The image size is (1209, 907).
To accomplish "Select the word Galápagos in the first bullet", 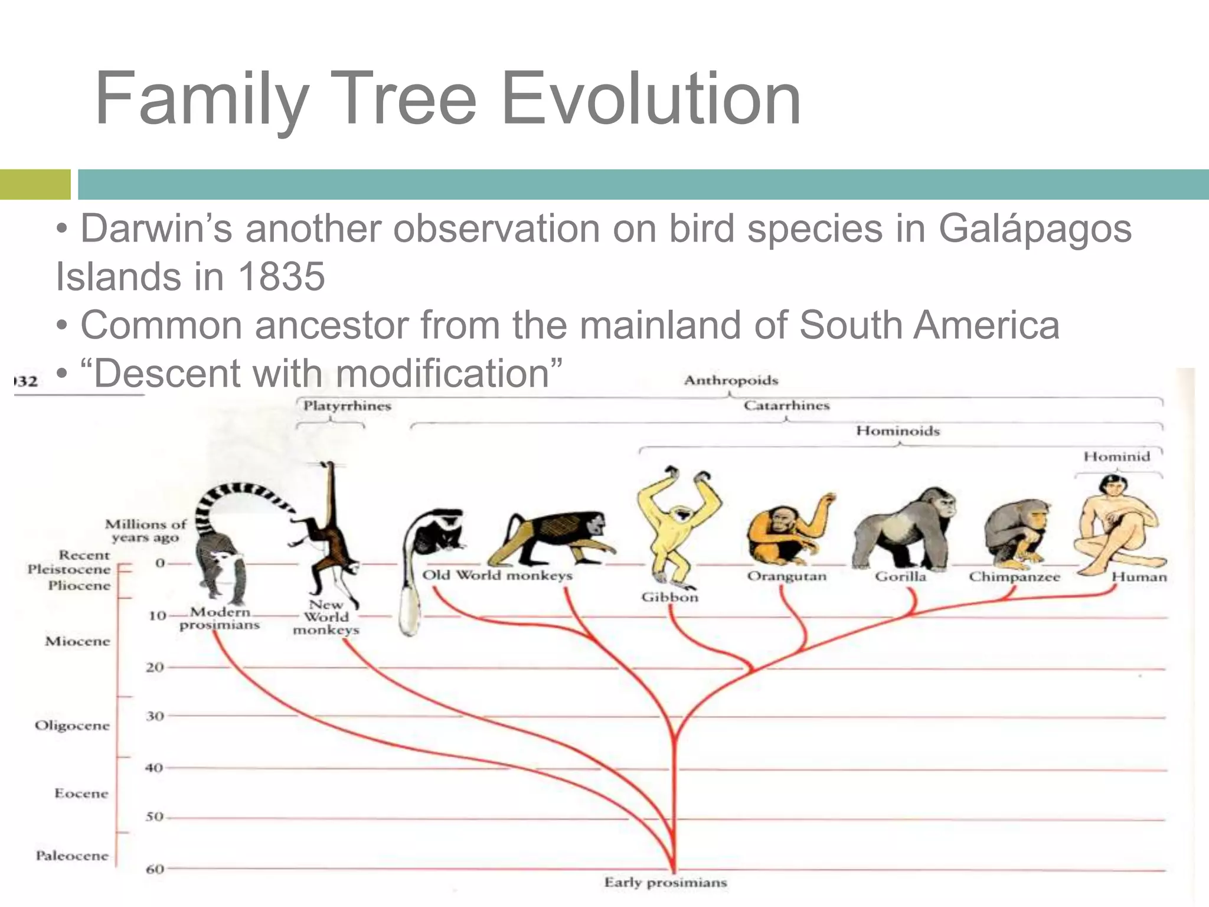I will [x=1034, y=229].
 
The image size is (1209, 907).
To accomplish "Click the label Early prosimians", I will [x=665, y=883].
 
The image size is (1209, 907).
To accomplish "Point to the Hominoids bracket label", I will [x=897, y=431].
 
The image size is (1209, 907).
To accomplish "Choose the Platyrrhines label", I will [x=347, y=406].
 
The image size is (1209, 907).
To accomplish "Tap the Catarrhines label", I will [x=786, y=406].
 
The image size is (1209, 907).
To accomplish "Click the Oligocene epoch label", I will [x=72, y=725].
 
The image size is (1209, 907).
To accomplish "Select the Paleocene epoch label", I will [x=72, y=856].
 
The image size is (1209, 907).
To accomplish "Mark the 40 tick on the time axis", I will [x=154, y=768].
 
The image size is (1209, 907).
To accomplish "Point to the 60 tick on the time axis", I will [x=155, y=869].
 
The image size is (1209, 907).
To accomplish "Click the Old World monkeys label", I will [x=497, y=575].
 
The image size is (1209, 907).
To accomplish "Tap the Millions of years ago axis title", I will [x=145, y=530].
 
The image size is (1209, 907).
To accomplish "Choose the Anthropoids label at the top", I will [x=731, y=380].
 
